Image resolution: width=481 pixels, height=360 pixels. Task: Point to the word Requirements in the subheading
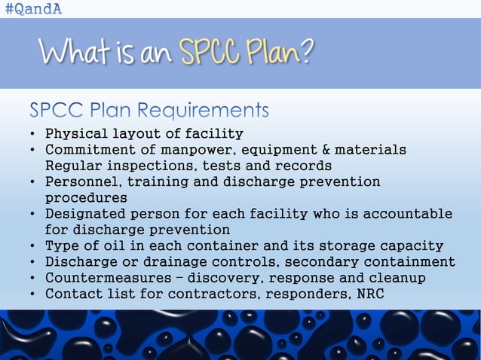coord(210,111)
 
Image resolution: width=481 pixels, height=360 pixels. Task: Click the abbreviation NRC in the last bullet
coord(369,293)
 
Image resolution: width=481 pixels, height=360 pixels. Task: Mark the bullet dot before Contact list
coord(34,293)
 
